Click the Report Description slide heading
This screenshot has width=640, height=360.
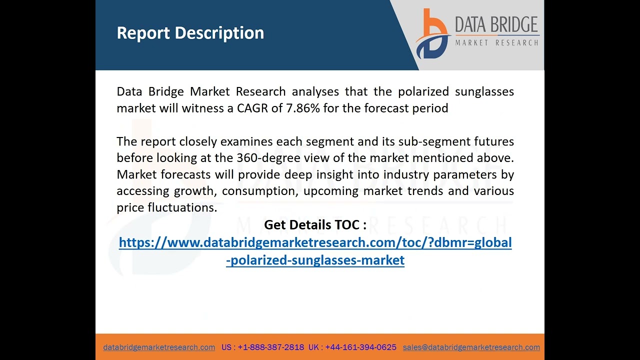pos(190,33)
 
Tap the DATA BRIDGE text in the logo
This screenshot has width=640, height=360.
pos(496,24)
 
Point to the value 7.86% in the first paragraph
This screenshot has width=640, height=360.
pos(302,108)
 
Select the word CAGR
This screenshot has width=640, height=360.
pos(252,108)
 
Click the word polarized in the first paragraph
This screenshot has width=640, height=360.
pos(423,91)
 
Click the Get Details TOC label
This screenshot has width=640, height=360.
pos(315,225)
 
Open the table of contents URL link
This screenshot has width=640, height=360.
pos(315,243)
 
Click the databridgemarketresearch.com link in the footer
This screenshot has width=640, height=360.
pos(159,347)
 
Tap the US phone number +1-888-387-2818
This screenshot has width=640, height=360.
pos(270,347)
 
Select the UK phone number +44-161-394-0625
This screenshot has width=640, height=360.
pos(360,347)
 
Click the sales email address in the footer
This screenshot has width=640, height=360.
pos(471,347)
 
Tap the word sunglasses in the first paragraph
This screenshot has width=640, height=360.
pos(484,91)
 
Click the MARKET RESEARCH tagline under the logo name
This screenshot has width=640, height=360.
pos(496,43)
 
